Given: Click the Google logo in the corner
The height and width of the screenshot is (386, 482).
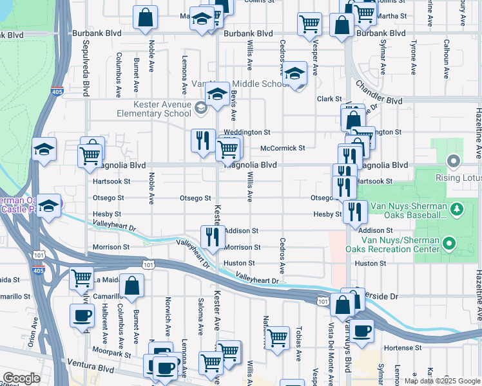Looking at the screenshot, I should tap(21, 378).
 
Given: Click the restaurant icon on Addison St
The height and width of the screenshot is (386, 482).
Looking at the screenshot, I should tap(211, 236).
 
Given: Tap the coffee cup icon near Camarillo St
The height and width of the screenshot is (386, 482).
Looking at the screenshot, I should tap(81, 315).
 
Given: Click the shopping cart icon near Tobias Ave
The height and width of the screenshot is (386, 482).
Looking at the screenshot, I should tap(277, 337).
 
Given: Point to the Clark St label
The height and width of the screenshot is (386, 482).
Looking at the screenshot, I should tap(329, 98).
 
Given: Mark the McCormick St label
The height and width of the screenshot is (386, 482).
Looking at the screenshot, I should tap(282, 148).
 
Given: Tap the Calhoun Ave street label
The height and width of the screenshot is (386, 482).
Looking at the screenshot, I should tap(445, 58).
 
